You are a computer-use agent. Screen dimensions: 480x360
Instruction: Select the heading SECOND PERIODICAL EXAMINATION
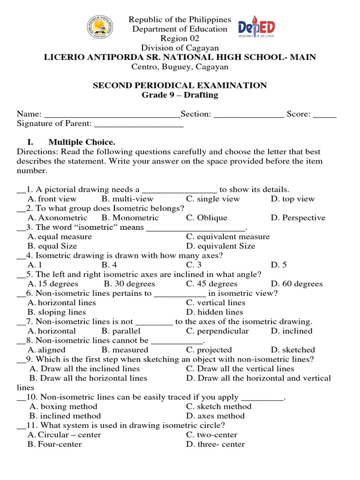180,85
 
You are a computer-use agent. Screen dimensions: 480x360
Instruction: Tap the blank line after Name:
111,115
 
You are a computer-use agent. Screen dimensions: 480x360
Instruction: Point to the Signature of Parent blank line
139,125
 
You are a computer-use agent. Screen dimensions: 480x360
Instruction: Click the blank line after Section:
248,115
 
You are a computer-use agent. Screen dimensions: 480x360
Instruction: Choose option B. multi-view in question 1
127,199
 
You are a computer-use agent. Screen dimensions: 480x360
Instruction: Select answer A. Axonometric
57,218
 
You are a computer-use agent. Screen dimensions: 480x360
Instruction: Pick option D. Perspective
298,218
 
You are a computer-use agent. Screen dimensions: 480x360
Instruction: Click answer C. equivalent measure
228,237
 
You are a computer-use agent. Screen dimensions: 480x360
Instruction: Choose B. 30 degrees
129,284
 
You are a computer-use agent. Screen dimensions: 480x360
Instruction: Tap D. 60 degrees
297,284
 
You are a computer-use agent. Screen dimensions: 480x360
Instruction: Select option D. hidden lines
215,312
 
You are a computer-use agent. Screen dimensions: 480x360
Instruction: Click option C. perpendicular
217,331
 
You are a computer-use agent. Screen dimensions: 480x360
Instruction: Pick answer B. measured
125,350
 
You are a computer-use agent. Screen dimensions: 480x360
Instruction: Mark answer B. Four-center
54,444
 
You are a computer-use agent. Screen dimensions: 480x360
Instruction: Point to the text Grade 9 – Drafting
180,95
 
